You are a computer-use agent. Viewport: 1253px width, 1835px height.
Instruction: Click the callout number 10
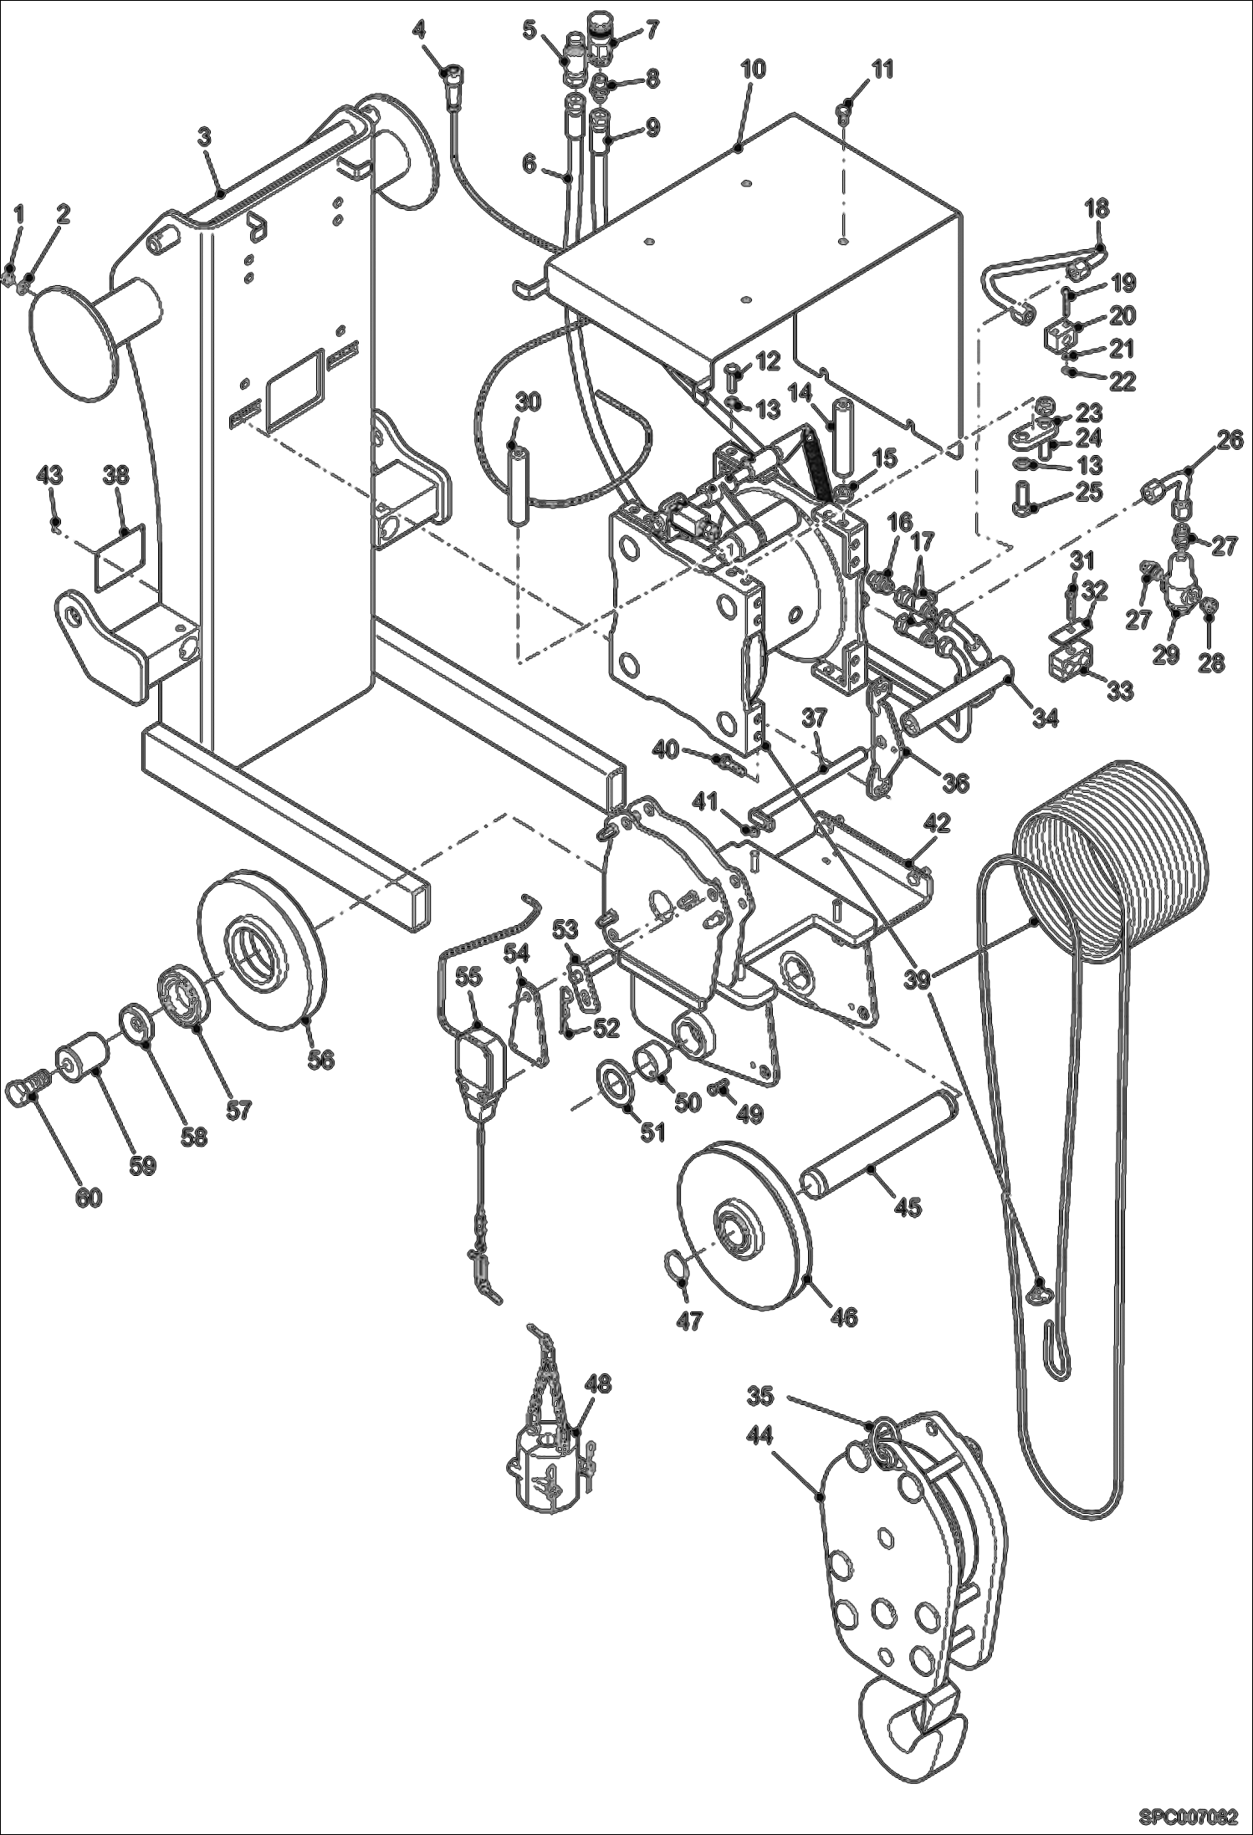(753, 69)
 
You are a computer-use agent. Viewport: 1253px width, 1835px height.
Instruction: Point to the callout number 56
(320, 1059)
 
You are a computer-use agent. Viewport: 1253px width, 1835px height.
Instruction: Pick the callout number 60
(89, 1198)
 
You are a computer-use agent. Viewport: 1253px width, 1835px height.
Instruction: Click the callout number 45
(907, 1206)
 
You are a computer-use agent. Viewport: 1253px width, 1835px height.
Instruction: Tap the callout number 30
(527, 401)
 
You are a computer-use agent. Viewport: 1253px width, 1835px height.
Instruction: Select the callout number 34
(1045, 717)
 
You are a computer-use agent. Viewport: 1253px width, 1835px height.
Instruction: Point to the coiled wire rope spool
(1109, 836)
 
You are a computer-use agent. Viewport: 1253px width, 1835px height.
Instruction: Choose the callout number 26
(1229, 439)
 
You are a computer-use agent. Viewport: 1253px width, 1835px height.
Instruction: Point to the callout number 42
(937, 823)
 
